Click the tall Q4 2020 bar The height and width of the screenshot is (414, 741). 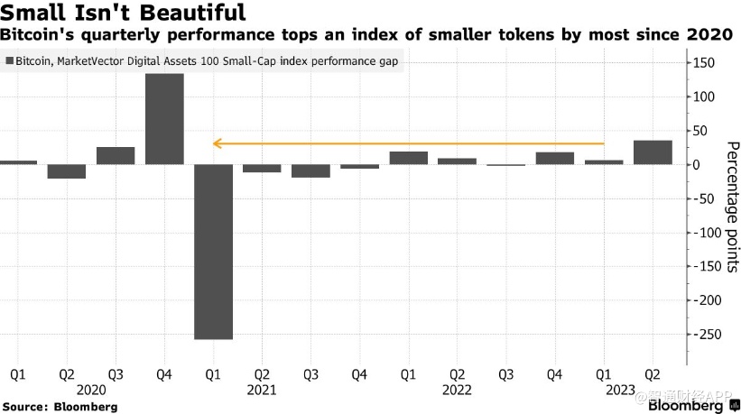[164, 118]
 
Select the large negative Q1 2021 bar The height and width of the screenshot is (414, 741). [213, 252]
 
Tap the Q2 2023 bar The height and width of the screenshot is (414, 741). [653, 152]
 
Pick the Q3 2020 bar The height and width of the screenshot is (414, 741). [116, 155]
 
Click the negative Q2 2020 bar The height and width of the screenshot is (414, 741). [67, 171]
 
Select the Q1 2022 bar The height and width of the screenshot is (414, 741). [408, 158]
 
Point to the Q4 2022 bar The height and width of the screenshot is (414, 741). [555, 159]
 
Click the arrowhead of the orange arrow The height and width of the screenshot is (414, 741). [217, 143]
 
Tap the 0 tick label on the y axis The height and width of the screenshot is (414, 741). [695, 165]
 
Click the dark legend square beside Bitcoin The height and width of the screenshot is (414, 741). [8, 61]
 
